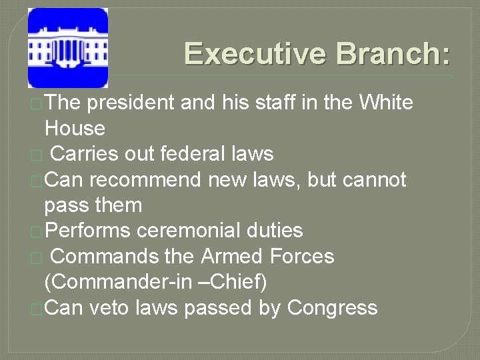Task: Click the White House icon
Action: click(x=67, y=48)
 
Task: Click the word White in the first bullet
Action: click(x=386, y=103)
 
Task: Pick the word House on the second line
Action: click(x=75, y=128)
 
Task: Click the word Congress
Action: click(x=332, y=309)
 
